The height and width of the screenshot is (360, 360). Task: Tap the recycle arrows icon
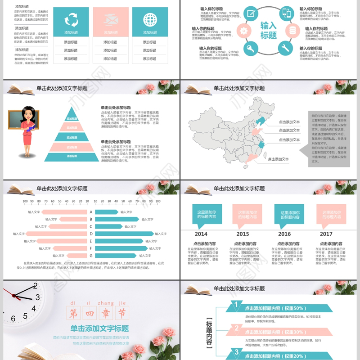pos(71,20)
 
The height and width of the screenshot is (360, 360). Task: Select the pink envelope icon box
pos(110,22)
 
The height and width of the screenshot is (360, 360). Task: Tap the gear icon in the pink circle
pos(243,31)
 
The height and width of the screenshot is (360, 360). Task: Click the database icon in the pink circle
pos(293,31)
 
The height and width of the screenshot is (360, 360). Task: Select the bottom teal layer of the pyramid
pos(72,157)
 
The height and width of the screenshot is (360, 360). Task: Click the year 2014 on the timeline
pos(201,234)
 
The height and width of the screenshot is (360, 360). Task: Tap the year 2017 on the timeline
pos(326,234)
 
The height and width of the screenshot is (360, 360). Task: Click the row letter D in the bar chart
pos(91,234)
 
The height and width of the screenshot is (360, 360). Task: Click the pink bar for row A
pos(64,212)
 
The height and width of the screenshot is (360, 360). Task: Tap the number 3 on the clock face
pos(38,297)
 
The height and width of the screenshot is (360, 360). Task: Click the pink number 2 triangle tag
pos(236,328)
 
